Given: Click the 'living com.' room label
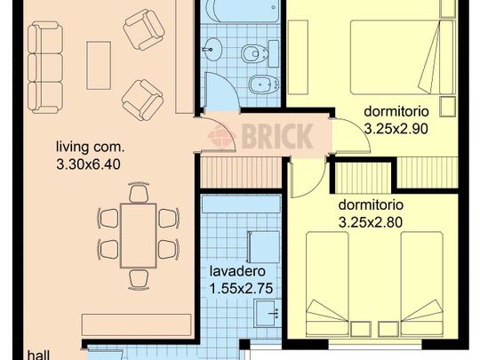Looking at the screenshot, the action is (91, 148).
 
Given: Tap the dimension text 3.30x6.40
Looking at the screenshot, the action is (88, 164).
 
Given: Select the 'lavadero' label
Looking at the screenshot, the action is (237, 271).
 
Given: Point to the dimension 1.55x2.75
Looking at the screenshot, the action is (241, 288).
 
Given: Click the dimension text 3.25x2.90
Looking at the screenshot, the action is (396, 129).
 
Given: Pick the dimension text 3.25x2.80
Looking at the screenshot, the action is (371, 222).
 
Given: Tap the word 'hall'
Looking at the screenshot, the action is (38, 355).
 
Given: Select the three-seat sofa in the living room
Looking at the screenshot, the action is (45, 68).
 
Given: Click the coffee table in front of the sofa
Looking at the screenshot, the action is (99, 66).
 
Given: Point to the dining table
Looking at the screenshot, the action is (139, 236).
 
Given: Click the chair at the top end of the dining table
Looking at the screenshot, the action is (139, 192).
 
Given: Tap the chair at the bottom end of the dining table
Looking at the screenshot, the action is (139, 279).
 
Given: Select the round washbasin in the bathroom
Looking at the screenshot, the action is (212, 49).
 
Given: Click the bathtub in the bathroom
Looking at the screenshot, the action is (242, 11).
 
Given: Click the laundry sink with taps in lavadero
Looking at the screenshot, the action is (268, 314).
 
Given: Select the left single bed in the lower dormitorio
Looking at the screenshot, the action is (327, 284).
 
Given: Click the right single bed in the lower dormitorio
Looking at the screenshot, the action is (422, 284).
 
